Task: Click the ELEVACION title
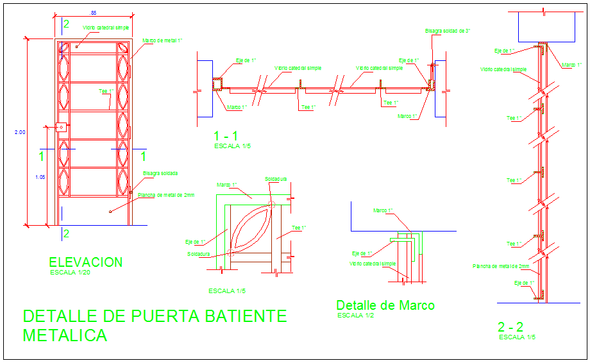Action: [85, 262]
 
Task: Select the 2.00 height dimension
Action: [20, 132]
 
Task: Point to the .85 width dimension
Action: [94, 13]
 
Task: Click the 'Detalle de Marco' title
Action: [385, 305]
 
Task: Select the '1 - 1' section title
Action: [226, 136]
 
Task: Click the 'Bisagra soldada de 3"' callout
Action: [448, 31]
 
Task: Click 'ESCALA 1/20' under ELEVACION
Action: [71, 273]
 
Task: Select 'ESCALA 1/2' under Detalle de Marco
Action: [356, 316]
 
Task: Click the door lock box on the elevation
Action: [62, 126]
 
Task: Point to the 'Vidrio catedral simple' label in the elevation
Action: [106, 28]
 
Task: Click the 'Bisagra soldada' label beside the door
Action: [160, 173]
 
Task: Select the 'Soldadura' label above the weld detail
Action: [276, 179]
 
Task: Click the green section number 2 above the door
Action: [65, 24]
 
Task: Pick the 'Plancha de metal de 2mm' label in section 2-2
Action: [501, 266]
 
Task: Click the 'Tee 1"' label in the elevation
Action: [106, 90]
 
